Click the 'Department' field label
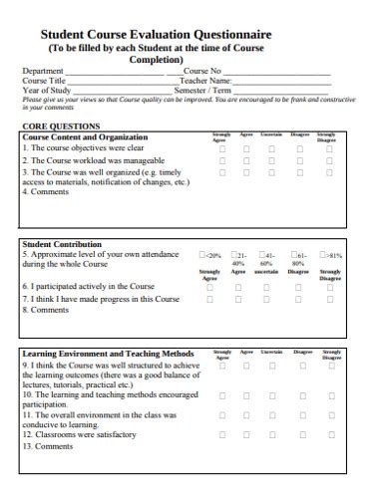click(43, 72)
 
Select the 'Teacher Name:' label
click(205, 82)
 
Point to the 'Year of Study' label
click(46, 91)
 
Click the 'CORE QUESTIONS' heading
click(61, 126)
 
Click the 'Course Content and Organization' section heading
click(85, 137)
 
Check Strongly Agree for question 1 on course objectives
click(221, 148)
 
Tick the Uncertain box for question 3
click(271, 172)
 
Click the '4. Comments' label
click(46, 193)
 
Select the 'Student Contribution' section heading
click(62, 244)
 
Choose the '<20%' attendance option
click(203, 255)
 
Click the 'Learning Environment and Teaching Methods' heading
click(108, 354)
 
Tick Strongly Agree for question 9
click(221, 366)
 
